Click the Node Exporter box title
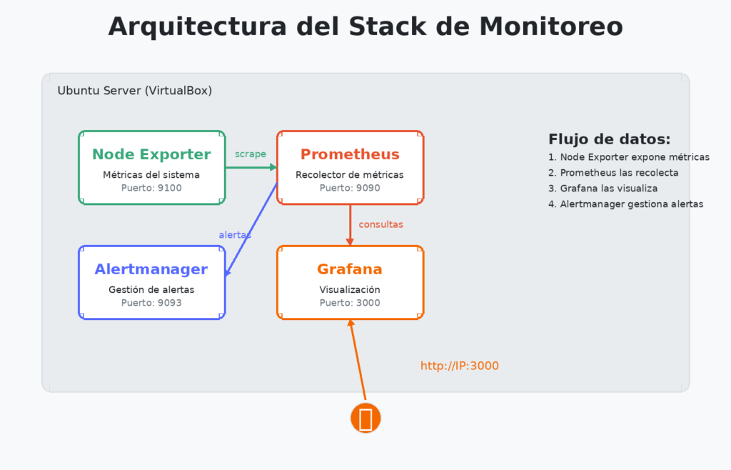(x=151, y=154)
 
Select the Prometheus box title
(x=350, y=154)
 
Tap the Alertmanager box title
(x=151, y=269)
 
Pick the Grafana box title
(x=350, y=269)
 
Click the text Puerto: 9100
(x=151, y=188)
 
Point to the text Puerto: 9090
(x=350, y=188)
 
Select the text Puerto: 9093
(x=151, y=303)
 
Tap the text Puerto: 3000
(x=350, y=303)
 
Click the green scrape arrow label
(x=251, y=154)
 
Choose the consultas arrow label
(x=380, y=224)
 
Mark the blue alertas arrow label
(x=235, y=234)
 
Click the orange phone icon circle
(x=365, y=418)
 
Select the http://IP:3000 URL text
(x=459, y=366)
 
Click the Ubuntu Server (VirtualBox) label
(x=134, y=91)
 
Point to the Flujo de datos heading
(x=609, y=139)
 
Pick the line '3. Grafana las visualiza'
(x=603, y=189)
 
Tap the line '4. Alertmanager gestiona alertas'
(x=626, y=204)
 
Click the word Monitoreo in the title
(x=552, y=26)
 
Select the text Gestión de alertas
(x=151, y=290)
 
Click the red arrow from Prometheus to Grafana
(x=350, y=223)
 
